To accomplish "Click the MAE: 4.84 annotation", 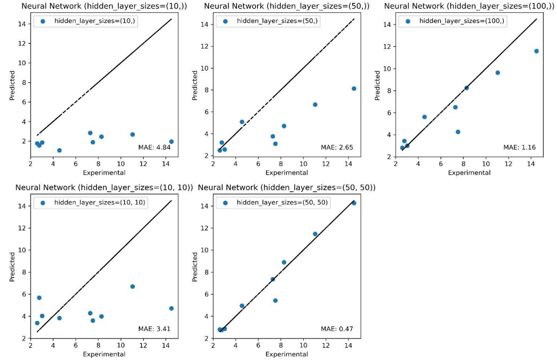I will tap(154, 148).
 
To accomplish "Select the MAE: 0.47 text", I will tap(337, 329).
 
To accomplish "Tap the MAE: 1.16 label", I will tap(519, 147).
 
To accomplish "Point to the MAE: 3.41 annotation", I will tap(154, 329).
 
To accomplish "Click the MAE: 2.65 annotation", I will tap(337, 147).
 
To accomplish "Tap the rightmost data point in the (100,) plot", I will tap(536, 51).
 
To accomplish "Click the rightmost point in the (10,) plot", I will tap(171, 142).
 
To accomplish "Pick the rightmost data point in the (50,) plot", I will tap(354, 89).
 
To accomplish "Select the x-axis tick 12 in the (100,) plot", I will tap(509, 164).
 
